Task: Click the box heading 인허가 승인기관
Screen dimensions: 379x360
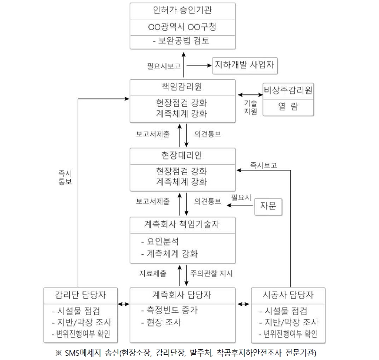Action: (x=182, y=10)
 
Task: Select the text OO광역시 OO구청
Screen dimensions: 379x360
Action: (x=182, y=27)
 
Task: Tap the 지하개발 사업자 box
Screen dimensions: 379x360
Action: (x=245, y=65)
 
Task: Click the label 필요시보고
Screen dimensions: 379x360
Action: (x=164, y=66)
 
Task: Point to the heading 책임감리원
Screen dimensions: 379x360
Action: (x=182, y=87)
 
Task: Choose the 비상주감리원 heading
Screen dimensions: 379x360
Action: (x=288, y=90)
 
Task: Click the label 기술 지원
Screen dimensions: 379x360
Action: (x=250, y=107)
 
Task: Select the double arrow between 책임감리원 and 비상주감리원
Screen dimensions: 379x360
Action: (x=250, y=95)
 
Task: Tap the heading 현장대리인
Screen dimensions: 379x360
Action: (x=182, y=155)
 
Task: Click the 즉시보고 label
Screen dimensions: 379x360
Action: (x=264, y=165)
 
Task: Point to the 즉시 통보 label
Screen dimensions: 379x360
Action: (x=65, y=177)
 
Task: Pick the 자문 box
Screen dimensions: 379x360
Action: (x=268, y=207)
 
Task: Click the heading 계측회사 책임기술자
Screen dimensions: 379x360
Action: (x=182, y=224)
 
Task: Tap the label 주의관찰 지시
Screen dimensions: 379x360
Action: (x=211, y=273)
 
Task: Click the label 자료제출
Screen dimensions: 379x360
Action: (x=153, y=273)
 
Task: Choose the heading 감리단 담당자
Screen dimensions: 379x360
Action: (x=81, y=295)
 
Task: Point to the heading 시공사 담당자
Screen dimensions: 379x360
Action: (x=288, y=295)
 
